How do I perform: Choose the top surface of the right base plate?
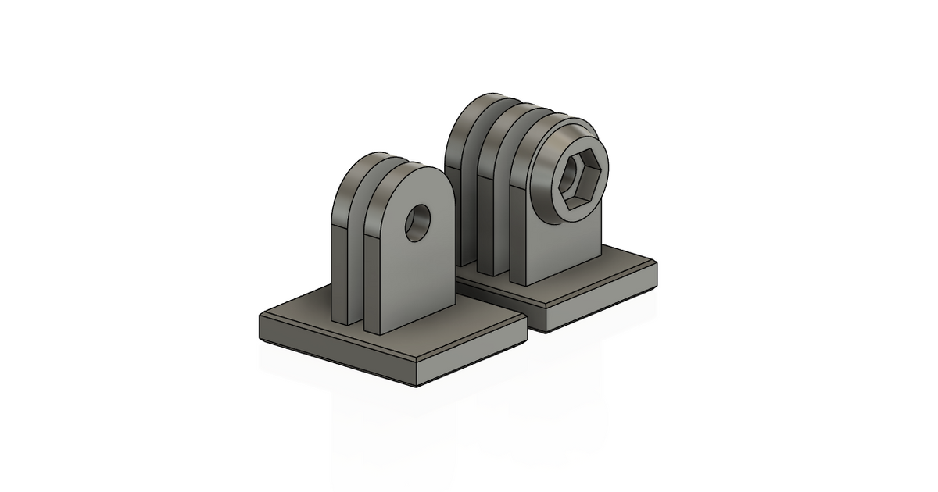610,277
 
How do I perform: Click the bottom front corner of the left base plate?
417,385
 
